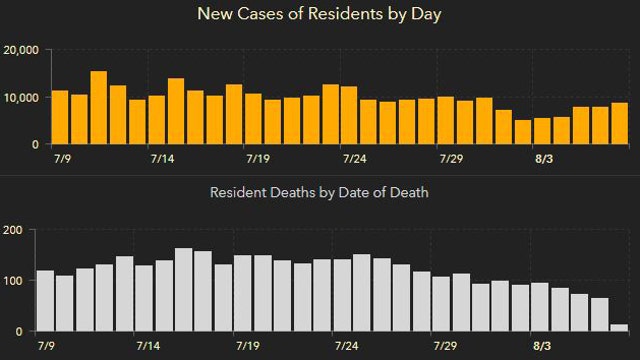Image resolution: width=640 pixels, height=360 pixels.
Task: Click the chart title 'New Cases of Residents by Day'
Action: [319, 14]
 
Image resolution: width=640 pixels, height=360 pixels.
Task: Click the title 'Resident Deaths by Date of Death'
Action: [319, 192]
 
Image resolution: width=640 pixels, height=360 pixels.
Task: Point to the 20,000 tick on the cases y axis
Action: [21, 51]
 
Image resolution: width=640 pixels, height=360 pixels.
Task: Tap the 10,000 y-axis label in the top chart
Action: [21, 98]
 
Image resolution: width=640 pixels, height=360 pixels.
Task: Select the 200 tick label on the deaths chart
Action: [13, 230]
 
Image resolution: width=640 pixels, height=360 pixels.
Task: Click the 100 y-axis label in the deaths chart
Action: [13, 281]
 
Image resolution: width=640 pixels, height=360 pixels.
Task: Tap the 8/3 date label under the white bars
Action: [543, 345]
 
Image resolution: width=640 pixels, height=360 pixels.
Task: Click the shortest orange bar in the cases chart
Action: [523, 132]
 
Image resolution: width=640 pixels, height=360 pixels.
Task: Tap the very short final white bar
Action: [619, 327]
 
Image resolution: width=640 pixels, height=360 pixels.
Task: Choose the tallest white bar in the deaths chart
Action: [183, 290]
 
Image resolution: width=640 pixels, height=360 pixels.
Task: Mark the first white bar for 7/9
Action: [45, 301]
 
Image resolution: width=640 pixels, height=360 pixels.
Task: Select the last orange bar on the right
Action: [620, 124]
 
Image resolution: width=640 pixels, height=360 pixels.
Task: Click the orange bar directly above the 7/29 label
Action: [446, 121]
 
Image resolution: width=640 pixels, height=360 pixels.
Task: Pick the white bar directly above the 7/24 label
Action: [342, 296]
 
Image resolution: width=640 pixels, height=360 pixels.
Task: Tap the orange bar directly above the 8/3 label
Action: [542, 131]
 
